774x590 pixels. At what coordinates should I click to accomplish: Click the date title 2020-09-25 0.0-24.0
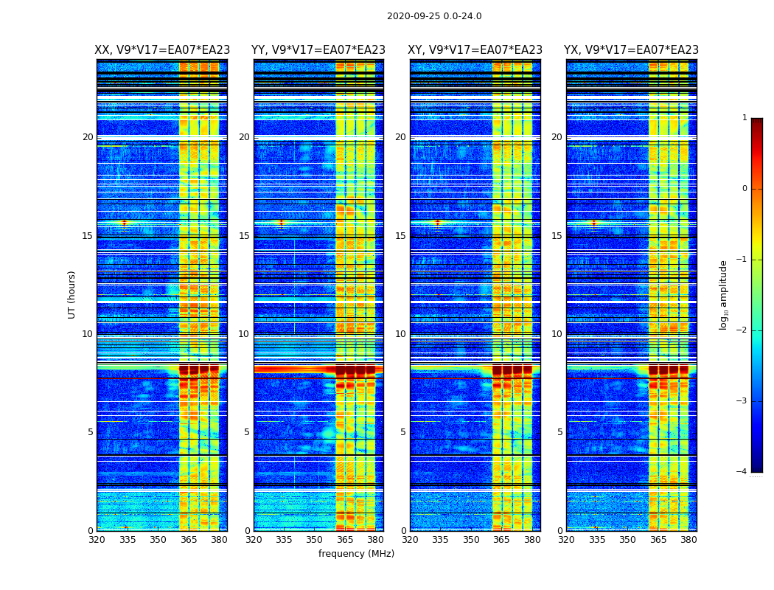pyautogui.click(x=434, y=16)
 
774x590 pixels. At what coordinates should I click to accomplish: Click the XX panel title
pyautogui.click(x=162, y=50)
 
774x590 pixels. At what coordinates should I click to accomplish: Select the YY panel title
pyautogui.click(x=318, y=50)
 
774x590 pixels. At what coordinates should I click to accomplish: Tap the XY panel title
pyautogui.click(x=475, y=50)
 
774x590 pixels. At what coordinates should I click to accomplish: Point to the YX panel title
pyautogui.click(x=632, y=50)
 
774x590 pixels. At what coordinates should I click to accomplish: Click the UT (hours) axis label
pyautogui.click(x=72, y=294)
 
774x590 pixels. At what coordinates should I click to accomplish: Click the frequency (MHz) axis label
pyautogui.click(x=356, y=554)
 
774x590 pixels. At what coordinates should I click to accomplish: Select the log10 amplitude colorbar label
pyautogui.click(x=724, y=294)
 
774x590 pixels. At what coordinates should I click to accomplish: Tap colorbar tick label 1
pyautogui.click(x=745, y=118)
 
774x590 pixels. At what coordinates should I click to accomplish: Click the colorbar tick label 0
pyautogui.click(x=745, y=189)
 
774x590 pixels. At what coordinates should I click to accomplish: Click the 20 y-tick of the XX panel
pyautogui.click(x=88, y=137)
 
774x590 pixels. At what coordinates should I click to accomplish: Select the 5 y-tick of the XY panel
pyautogui.click(x=403, y=432)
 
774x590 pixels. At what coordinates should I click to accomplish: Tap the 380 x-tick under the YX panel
pyautogui.click(x=688, y=540)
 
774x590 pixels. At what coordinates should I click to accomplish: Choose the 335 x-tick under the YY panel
pyautogui.click(x=284, y=540)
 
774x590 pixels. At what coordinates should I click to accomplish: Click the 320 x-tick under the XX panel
pyautogui.click(x=97, y=540)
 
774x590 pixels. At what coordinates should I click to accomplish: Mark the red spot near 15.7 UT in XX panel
pyautogui.click(x=124, y=223)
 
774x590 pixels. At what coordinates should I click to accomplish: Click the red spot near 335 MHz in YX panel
pyautogui.click(x=593, y=223)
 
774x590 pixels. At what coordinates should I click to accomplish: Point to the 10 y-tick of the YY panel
pyautogui.click(x=244, y=334)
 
